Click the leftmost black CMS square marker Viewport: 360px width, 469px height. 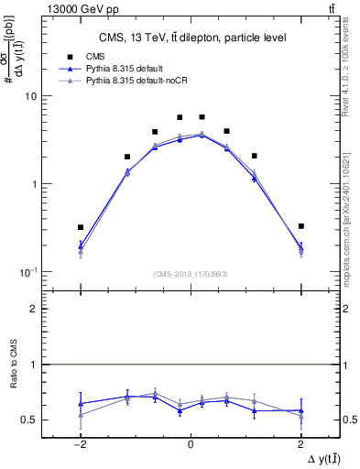click(x=81, y=227)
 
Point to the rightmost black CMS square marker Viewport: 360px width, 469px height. click(x=300, y=225)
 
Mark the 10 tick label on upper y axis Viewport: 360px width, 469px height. click(x=29, y=96)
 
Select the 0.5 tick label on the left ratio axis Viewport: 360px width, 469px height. click(x=27, y=420)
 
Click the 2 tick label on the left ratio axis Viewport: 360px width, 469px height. click(x=33, y=310)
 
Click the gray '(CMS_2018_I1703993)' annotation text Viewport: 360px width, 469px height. click(x=190, y=274)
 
